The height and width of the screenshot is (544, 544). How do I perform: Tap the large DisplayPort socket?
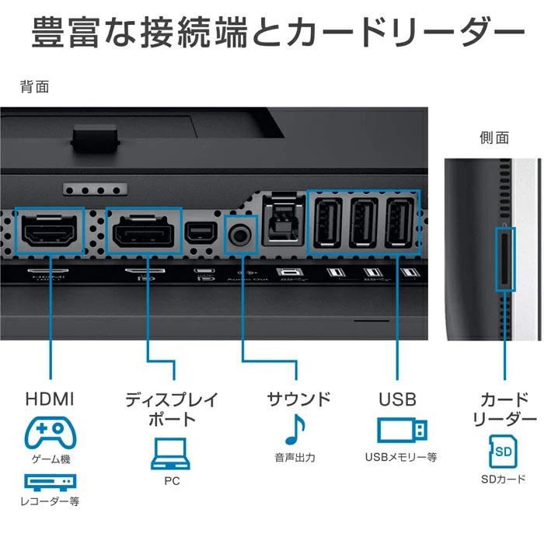[x=144, y=231]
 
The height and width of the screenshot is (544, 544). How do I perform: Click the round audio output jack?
[x=241, y=231]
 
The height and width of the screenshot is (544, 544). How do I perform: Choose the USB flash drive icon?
[x=401, y=430]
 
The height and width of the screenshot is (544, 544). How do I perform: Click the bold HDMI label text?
[x=50, y=399]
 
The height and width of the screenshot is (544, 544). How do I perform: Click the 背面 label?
[x=35, y=86]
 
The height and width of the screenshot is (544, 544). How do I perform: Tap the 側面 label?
[x=494, y=138]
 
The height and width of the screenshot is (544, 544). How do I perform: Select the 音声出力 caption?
[x=295, y=458]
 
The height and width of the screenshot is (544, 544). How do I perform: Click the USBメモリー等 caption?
[x=401, y=458]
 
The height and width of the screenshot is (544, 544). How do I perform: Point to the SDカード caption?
[x=504, y=479]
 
